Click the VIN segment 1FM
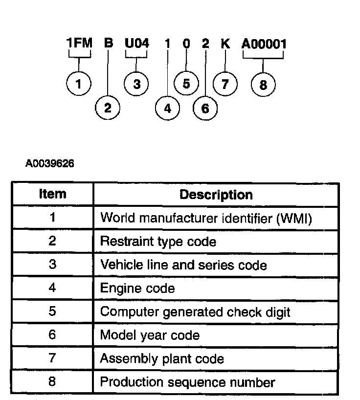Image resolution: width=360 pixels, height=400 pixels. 79,44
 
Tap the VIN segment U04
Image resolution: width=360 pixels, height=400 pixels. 136,44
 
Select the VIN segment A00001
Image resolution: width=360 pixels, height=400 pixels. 264,44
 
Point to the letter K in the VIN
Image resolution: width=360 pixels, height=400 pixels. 225,44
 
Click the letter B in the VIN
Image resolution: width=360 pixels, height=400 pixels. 109,44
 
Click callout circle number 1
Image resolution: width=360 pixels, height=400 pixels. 78,84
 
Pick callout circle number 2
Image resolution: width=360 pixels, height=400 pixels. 108,108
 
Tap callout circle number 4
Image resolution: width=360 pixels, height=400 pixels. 167,109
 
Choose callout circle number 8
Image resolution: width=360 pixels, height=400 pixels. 263,85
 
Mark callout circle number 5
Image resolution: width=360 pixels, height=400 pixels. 186,84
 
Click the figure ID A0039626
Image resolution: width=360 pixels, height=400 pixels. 50,163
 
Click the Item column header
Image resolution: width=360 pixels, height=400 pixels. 52,194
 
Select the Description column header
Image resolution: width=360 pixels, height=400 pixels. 216,195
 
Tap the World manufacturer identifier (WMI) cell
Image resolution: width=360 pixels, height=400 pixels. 205,218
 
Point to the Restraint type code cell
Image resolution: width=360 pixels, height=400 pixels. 158,242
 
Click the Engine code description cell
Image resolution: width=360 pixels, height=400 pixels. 137,289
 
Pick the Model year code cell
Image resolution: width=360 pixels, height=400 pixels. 150,335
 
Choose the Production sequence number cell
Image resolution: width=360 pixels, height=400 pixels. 187,382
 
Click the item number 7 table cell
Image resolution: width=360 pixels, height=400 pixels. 52,358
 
